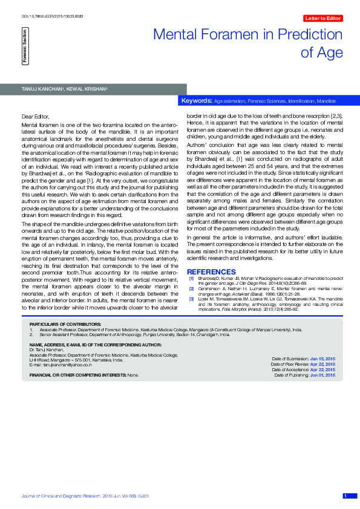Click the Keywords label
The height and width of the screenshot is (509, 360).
[x=197, y=100]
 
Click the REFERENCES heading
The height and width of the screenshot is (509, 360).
[x=211, y=272]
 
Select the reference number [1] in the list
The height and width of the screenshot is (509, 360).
[x=192, y=279]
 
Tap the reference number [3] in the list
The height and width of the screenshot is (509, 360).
[x=192, y=299]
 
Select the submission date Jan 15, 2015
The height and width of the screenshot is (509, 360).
[x=322, y=359]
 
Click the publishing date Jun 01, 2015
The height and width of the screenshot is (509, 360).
[x=322, y=375]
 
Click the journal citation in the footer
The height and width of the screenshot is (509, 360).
[x=85, y=496]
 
